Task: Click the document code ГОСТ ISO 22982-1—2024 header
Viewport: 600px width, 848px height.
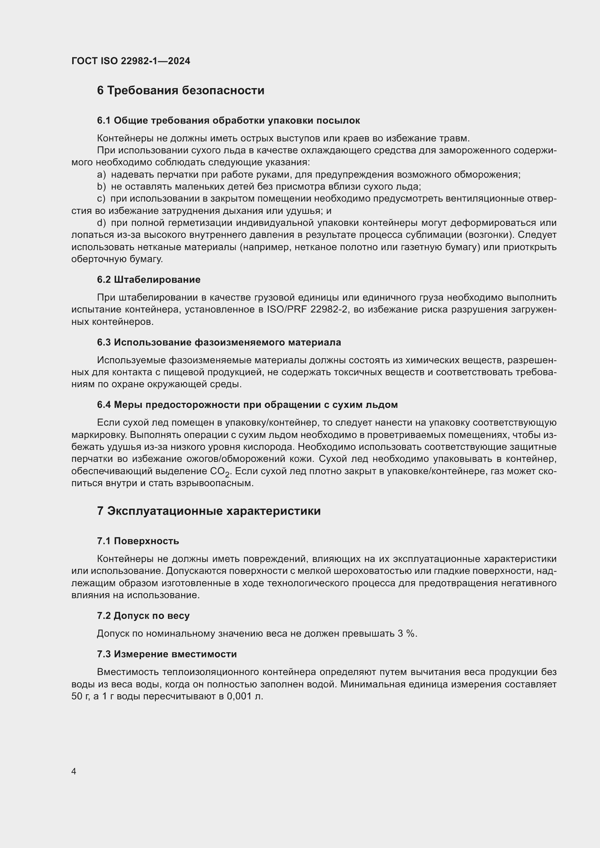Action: click(131, 61)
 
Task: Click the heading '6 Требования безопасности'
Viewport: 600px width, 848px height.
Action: click(181, 91)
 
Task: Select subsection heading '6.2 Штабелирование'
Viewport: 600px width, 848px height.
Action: click(148, 280)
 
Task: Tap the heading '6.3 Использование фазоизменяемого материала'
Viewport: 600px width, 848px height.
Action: click(219, 342)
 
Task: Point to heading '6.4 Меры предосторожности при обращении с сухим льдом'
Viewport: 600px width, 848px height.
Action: click(247, 405)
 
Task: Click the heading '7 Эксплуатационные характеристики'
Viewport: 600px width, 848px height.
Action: click(209, 511)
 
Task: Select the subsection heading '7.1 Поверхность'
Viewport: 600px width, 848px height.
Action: click(138, 541)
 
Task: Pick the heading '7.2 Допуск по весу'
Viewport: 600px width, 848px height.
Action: click(143, 616)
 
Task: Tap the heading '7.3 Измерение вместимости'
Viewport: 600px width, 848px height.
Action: click(167, 654)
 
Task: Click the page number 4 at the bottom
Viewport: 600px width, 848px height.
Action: click(74, 772)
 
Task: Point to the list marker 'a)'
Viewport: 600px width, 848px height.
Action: click(101, 175)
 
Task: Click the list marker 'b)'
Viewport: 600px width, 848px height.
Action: click(101, 187)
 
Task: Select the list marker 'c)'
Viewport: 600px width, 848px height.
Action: click(101, 199)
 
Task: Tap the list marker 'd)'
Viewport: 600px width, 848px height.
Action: click(101, 223)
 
